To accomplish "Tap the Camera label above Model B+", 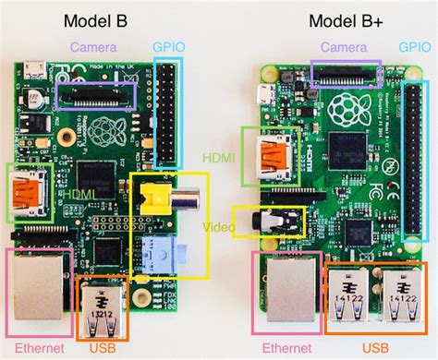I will click(x=345, y=46).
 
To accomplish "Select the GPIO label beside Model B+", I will click(x=417, y=46).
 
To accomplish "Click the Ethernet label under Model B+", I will click(x=287, y=348).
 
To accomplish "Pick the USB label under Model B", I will click(x=103, y=348).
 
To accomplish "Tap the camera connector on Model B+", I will click(x=346, y=74).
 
